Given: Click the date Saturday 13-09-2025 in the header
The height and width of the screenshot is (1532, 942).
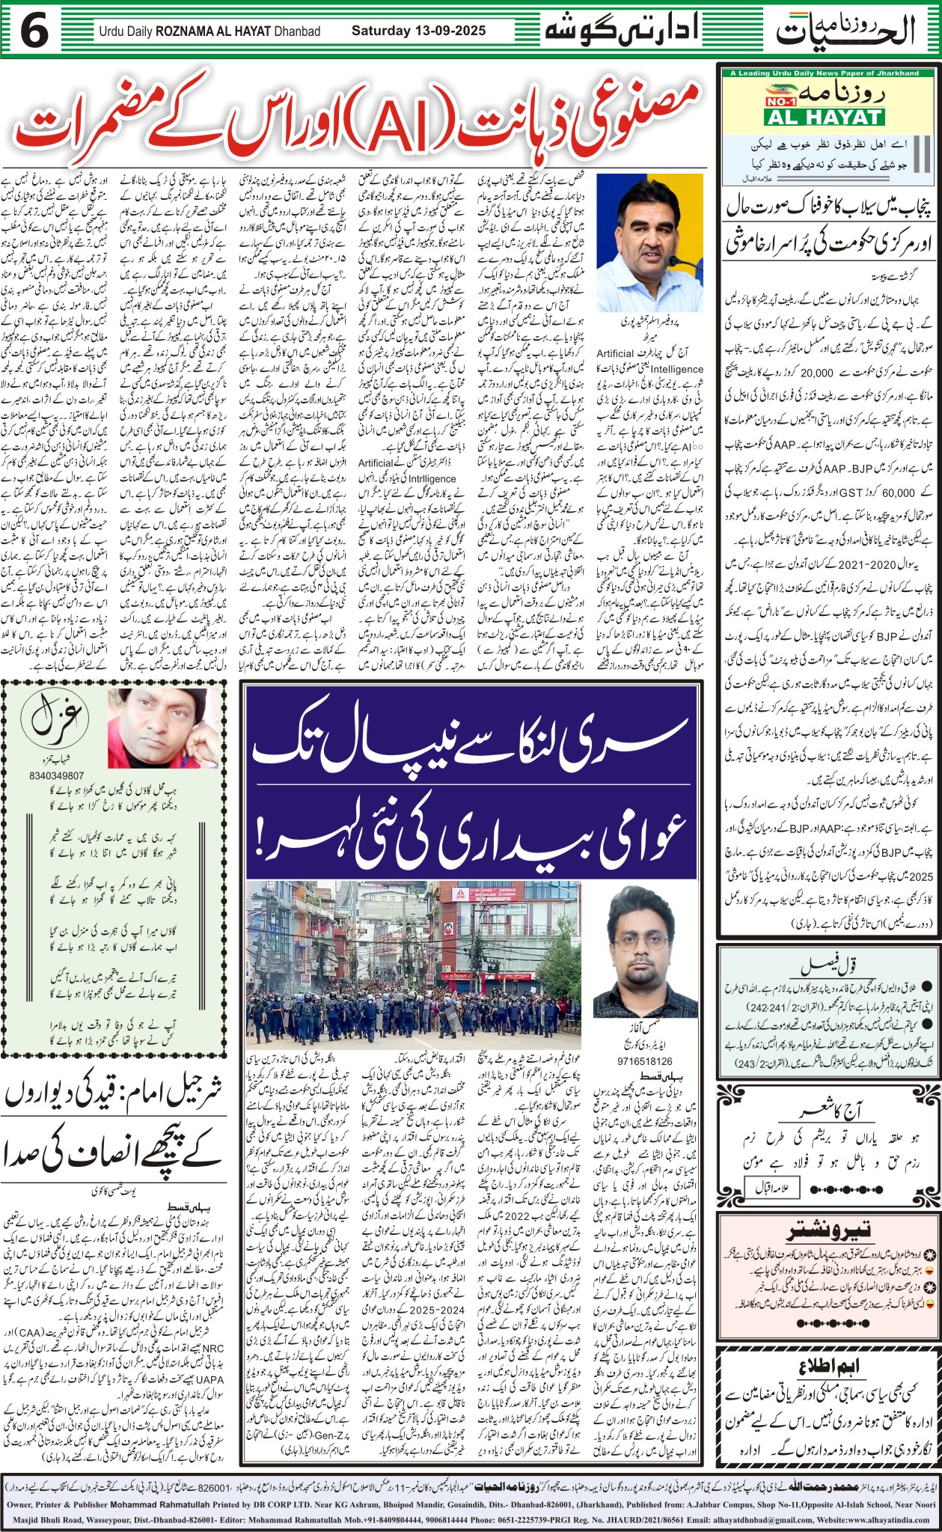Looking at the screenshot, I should coord(418,31).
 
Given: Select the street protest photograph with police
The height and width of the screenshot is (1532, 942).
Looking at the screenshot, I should coord(414,964).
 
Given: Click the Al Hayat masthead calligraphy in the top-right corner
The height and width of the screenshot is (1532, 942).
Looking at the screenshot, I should coord(845,31).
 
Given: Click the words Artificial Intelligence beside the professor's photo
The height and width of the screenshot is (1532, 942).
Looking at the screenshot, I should coord(649,361).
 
